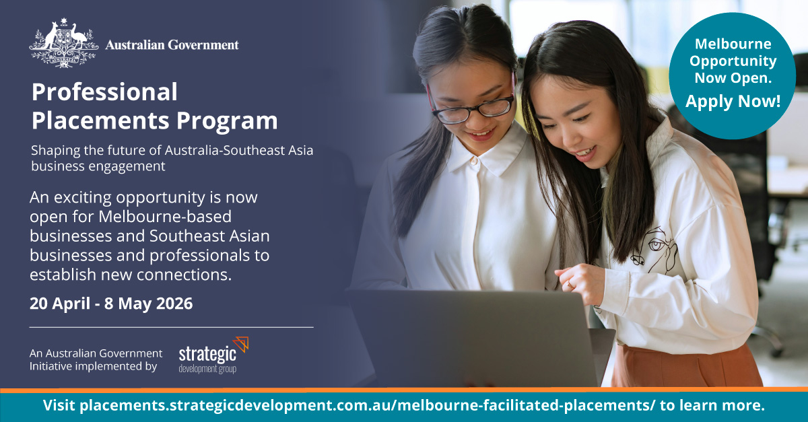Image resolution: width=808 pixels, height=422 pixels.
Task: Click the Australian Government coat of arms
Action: click(x=64, y=43)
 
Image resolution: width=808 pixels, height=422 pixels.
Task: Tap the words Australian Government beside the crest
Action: click(x=172, y=44)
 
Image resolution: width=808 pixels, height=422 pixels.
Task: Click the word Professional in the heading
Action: click(x=104, y=92)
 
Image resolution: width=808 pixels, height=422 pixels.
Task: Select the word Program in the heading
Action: click(x=227, y=121)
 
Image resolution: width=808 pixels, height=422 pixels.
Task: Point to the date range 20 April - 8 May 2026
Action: click(x=111, y=304)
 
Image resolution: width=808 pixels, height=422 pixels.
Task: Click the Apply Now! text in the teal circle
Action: click(x=733, y=101)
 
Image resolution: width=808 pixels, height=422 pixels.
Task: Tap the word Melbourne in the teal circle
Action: click(x=733, y=44)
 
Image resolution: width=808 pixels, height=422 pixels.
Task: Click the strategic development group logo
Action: click(x=213, y=355)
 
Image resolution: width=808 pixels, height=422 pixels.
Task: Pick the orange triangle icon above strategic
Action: click(x=241, y=344)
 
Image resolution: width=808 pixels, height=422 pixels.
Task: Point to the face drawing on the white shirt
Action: click(x=654, y=250)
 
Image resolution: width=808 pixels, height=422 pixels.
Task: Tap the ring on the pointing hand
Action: click(x=570, y=285)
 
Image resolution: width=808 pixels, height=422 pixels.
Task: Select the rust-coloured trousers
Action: click(x=685, y=366)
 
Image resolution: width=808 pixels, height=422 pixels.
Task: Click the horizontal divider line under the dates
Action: click(x=171, y=327)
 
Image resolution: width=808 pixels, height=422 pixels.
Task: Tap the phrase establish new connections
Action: click(x=131, y=275)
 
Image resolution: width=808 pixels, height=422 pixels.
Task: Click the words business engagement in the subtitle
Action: click(x=98, y=167)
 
